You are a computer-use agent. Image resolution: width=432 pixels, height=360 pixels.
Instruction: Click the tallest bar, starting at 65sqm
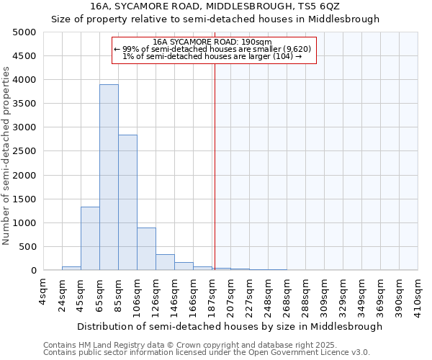109,177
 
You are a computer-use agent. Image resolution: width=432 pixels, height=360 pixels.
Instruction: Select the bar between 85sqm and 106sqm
127,202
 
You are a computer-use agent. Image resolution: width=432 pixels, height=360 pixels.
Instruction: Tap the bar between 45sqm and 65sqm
90,238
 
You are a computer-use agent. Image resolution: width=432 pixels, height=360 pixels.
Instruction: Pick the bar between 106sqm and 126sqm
146,249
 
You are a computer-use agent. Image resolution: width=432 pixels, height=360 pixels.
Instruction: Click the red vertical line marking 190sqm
215,166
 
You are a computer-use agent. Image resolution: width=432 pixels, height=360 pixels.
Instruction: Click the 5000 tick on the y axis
24,32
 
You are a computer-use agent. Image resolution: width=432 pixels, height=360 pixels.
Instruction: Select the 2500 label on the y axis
24,151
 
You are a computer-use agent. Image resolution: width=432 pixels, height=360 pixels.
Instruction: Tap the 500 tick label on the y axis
27,247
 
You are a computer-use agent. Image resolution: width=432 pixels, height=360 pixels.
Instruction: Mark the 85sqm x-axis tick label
118,292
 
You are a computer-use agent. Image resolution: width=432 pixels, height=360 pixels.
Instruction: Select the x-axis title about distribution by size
230,326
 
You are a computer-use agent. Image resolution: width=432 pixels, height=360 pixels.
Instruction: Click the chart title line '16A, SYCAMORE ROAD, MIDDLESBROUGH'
215,6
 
